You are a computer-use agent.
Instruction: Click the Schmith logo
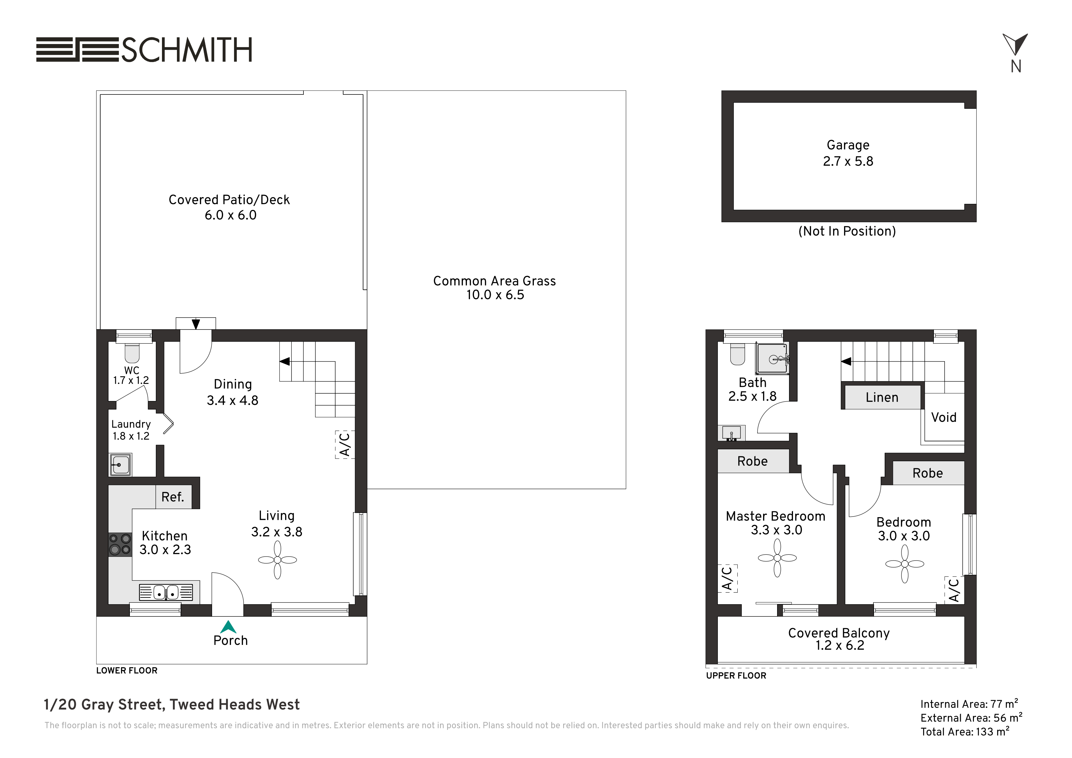(144, 50)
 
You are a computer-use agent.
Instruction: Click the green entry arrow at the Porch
(228, 627)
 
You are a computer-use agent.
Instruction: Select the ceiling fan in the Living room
(277, 560)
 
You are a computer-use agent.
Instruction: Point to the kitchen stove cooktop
(120, 545)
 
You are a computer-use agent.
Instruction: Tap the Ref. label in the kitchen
(173, 497)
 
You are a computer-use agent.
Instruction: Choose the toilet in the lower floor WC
(132, 353)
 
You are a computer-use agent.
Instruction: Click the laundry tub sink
(120, 465)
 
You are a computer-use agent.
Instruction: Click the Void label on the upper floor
(944, 417)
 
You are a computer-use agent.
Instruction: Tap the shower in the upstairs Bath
(773, 359)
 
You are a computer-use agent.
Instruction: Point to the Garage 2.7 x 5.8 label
(848, 153)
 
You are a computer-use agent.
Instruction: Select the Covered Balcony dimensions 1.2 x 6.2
(840, 646)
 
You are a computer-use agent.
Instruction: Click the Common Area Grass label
(494, 281)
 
